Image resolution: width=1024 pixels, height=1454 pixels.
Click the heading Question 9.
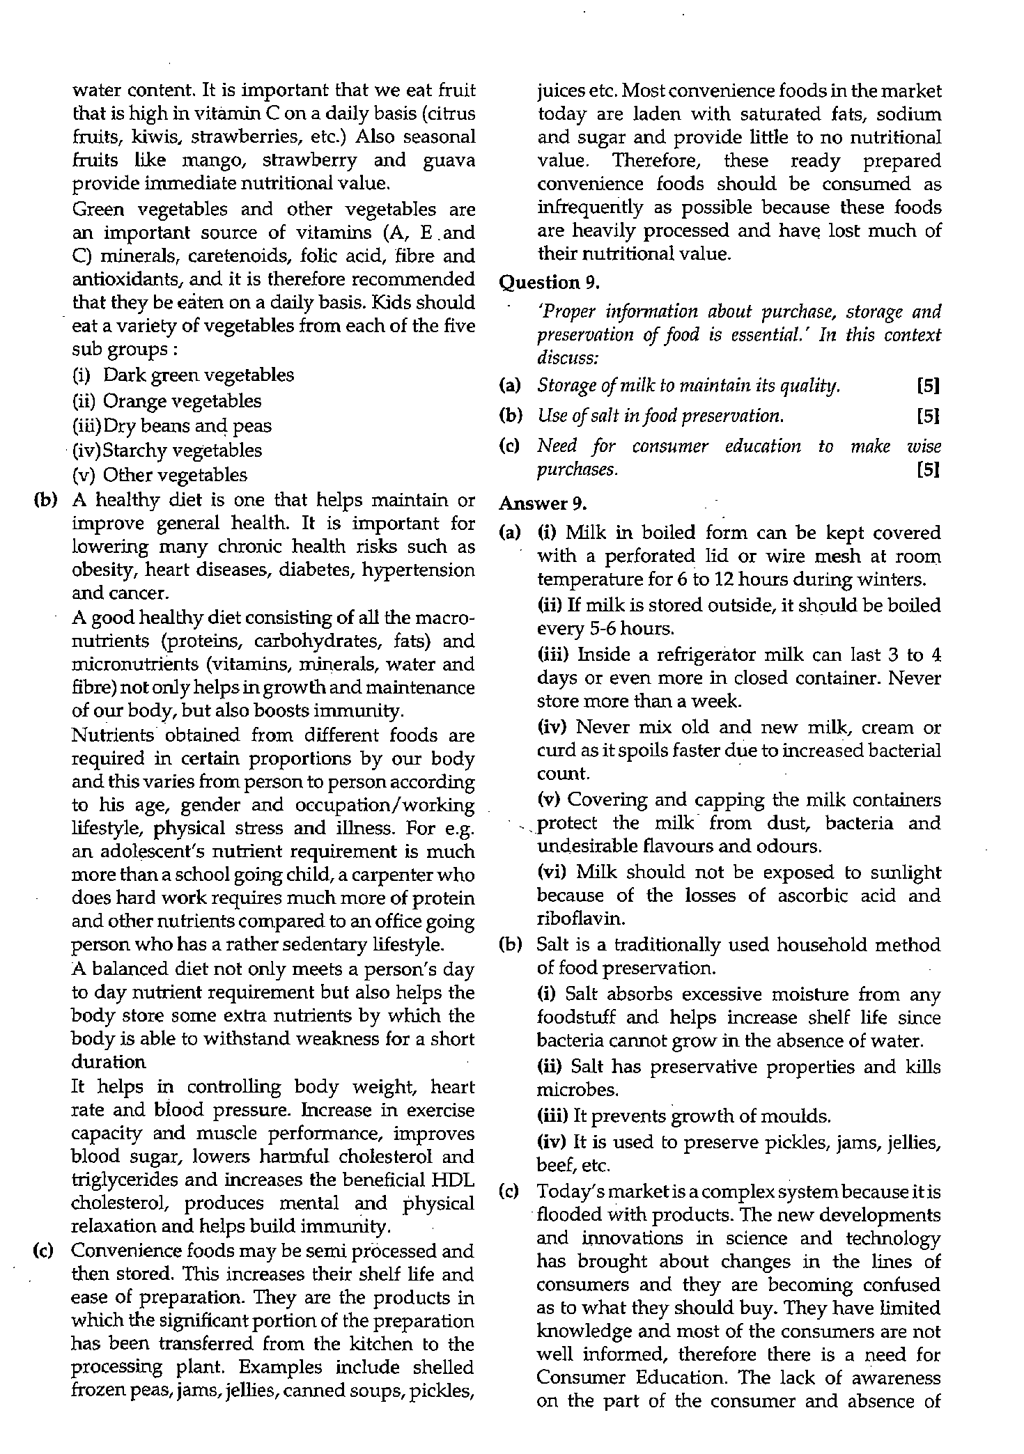(550, 282)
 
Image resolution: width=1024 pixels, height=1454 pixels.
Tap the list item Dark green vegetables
(199, 375)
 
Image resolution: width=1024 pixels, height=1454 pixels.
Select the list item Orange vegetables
(183, 400)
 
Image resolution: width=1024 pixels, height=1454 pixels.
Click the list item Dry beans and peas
(187, 425)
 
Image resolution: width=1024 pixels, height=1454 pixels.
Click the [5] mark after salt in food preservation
(929, 416)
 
